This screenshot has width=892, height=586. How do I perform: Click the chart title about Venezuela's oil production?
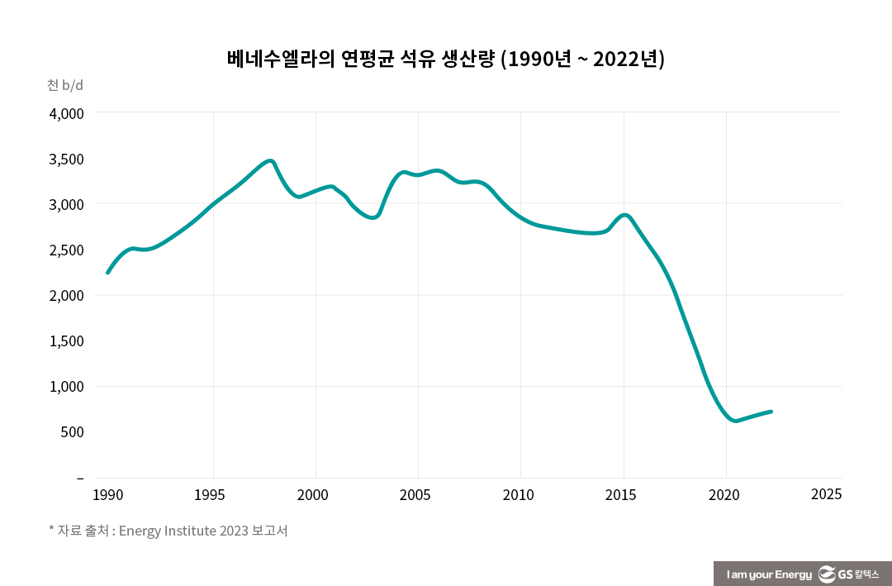tap(446, 60)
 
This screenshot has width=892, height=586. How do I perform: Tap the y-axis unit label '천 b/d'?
tap(65, 85)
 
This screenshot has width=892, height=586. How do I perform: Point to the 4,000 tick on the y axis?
tap(68, 113)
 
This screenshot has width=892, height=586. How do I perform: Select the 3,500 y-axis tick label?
tap(68, 159)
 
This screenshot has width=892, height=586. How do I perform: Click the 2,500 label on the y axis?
tap(68, 250)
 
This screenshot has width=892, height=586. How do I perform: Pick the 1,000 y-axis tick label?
tap(68, 387)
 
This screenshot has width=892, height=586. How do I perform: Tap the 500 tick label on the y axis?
tap(72, 432)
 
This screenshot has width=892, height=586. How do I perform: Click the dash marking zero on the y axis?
tap(80, 478)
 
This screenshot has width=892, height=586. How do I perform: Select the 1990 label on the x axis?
tap(107, 495)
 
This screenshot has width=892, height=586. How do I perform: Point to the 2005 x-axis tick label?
tap(417, 495)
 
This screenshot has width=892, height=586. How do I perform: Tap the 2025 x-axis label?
tap(826, 494)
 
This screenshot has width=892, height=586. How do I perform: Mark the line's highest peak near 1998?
tap(269, 161)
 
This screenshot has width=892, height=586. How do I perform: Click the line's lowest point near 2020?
tap(735, 421)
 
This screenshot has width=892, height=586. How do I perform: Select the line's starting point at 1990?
tap(108, 272)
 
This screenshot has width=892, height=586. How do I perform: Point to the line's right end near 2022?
tap(770, 412)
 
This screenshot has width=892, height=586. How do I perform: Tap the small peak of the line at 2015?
tap(624, 216)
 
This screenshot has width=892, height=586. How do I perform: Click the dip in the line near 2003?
tap(373, 217)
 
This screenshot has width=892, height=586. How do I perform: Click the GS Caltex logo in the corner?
tap(848, 574)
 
